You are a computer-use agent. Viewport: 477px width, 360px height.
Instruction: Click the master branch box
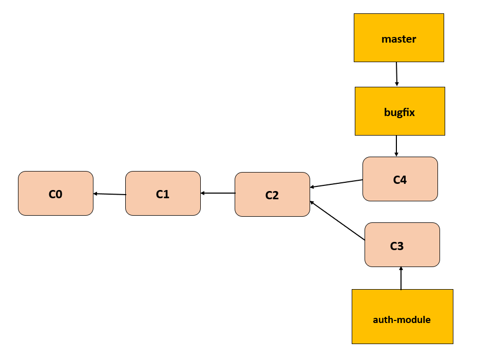(x=398, y=38)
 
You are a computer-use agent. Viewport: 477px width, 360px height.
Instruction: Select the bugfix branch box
(x=399, y=111)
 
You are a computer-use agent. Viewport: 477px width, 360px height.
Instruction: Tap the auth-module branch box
(x=402, y=316)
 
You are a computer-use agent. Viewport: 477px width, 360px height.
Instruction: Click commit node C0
(x=55, y=193)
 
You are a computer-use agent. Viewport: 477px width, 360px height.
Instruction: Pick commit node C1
(x=163, y=193)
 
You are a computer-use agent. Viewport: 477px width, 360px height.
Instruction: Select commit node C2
(x=272, y=194)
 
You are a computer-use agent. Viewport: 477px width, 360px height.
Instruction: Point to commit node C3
(x=402, y=245)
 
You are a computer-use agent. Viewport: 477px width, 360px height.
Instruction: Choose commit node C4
(x=400, y=179)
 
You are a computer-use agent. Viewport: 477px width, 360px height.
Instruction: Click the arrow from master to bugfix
(x=396, y=74)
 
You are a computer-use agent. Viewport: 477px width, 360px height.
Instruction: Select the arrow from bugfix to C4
(x=396, y=146)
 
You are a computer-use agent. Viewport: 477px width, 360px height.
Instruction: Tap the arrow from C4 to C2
(x=336, y=183)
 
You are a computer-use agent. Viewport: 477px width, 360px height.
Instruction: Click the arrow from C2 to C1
(x=218, y=193)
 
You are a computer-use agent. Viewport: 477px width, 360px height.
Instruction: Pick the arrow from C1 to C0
(x=109, y=194)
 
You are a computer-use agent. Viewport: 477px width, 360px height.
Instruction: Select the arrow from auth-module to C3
(x=401, y=278)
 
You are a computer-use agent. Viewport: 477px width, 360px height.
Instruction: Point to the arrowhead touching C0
(x=96, y=194)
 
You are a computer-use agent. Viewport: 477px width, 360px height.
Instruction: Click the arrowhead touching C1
(x=203, y=193)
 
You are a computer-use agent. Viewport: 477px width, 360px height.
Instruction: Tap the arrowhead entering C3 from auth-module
(x=401, y=269)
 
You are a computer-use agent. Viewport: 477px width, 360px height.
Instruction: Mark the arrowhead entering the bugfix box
(x=397, y=84)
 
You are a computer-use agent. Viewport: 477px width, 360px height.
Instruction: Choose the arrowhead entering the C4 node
(x=396, y=154)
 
